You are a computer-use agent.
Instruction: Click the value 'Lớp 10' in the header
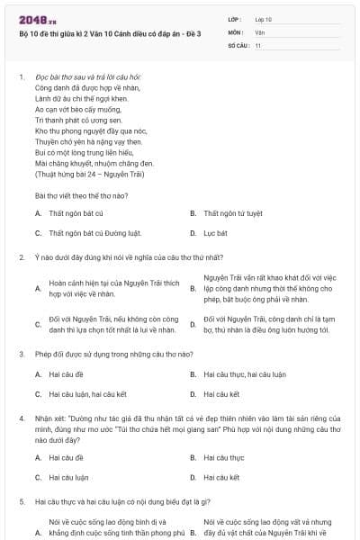(x=264, y=18)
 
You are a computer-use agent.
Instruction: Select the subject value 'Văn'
(x=259, y=31)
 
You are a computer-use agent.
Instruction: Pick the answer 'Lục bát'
(x=215, y=233)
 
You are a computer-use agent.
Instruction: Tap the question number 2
(x=21, y=257)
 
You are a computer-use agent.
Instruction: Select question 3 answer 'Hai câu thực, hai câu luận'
(x=240, y=373)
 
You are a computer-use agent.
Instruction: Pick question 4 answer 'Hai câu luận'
(x=68, y=477)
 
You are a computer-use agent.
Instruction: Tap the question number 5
(x=21, y=501)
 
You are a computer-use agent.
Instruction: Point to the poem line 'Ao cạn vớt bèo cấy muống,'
(x=70, y=110)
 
